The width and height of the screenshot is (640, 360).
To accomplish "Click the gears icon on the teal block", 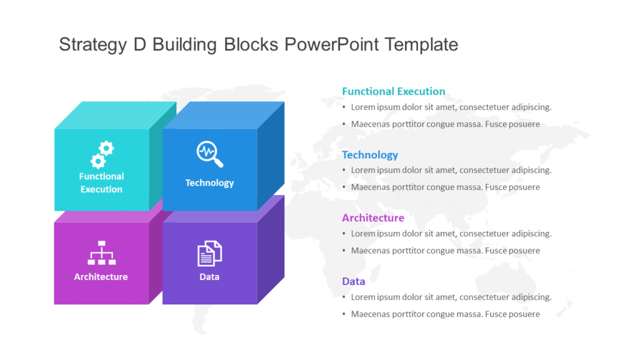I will click(102, 154).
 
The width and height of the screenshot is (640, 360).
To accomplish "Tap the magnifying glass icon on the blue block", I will click(209, 154).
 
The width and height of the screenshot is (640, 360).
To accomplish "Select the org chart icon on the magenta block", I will click(101, 252).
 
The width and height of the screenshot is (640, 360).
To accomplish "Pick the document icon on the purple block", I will click(209, 253).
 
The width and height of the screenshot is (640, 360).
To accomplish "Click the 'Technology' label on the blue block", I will click(209, 183).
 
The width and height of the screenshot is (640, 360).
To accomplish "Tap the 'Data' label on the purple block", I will click(209, 277).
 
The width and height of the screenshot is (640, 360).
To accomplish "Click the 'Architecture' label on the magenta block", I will click(101, 277).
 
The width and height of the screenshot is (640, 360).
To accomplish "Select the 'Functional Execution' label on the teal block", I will click(101, 182).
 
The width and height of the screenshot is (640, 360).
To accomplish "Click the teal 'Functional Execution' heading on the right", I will click(393, 91).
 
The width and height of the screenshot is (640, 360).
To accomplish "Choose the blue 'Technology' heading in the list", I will click(369, 155).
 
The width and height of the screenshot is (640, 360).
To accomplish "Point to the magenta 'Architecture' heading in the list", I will click(372, 218).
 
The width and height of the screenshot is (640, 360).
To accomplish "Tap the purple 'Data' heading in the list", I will click(353, 281).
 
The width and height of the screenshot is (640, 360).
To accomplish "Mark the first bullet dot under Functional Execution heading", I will click(344, 107).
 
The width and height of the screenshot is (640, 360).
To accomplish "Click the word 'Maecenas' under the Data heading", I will click(369, 314).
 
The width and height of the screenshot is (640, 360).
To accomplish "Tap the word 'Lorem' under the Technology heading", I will click(362, 170).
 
